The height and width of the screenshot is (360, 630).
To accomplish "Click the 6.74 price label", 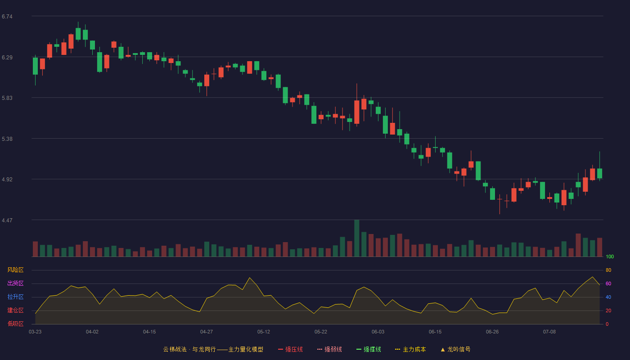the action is coord(7,17).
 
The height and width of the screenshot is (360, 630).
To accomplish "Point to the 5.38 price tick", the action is coord(7,139).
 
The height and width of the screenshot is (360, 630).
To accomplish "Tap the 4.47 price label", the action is coord(7,220).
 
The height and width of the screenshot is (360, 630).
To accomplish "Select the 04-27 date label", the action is coord(207,332).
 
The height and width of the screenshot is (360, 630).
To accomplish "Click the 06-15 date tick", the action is coord(435,332).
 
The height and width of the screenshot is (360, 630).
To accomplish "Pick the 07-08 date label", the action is coord(549,332).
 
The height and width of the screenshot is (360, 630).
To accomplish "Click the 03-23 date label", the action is coord(35,332).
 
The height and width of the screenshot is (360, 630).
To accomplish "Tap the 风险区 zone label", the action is coord(15,270).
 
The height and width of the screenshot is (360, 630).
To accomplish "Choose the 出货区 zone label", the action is coord(15,283).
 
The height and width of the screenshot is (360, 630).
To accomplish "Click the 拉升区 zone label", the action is coord(15,297).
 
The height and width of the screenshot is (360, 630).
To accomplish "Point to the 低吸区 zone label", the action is coord(15,324).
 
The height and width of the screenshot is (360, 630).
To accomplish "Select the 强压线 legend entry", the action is coord(290,349).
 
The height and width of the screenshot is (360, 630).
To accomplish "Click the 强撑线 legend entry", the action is coord(369,349).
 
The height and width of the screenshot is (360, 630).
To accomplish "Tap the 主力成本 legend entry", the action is coord(410,349).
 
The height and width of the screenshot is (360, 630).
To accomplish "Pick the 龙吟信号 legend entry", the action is coord(455,349).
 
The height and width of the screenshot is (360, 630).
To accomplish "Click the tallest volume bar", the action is coord(356,238).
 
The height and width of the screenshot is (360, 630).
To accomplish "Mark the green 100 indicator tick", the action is coord(610,256).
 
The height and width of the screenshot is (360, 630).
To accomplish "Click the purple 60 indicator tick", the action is coord(608,283).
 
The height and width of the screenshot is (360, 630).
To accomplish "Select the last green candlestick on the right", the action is coord(599,173).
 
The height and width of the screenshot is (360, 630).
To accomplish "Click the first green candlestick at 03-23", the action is coord(35,66).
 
